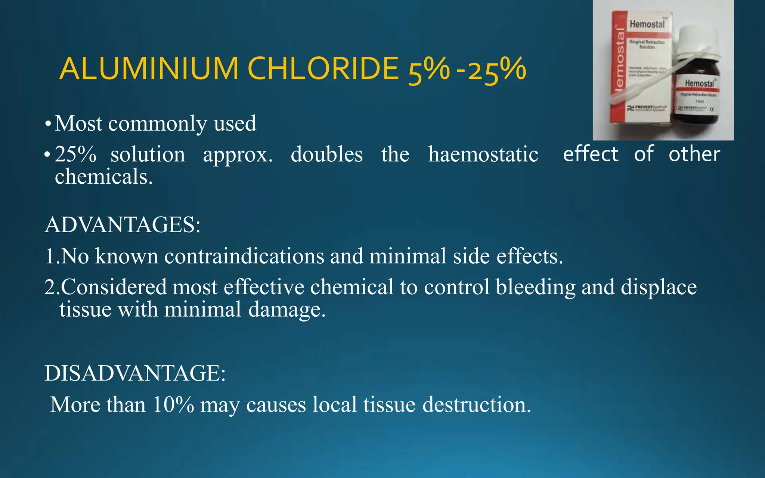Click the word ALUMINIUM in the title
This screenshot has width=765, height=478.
(x=149, y=69)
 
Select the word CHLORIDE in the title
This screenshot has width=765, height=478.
(x=323, y=69)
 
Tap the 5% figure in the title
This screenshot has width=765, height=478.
(x=428, y=70)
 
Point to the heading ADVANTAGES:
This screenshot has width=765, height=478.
(x=123, y=225)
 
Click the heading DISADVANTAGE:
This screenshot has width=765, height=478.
(x=135, y=373)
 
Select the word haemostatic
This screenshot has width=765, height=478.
(x=483, y=155)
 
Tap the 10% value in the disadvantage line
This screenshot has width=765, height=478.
(x=173, y=404)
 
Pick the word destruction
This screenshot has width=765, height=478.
(x=476, y=404)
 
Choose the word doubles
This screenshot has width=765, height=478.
(x=326, y=155)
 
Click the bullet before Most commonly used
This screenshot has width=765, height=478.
(x=47, y=124)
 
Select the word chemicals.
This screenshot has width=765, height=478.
(x=103, y=177)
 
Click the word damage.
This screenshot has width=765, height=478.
(x=287, y=310)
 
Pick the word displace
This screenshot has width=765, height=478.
(x=659, y=288)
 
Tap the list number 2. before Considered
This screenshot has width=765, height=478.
(x=52, y=288)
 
